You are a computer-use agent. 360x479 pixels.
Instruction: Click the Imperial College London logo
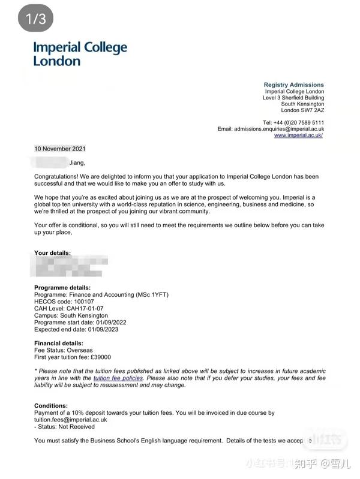point(80,53)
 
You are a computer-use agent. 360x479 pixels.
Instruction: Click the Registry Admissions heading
point(293,85)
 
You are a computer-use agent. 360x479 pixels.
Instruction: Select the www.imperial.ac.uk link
point(299,135)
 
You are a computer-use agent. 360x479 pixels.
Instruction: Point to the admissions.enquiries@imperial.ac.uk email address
point(279,128)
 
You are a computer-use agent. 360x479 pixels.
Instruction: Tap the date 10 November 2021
point(60,149)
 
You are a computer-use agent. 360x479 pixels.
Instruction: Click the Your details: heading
point(52,253)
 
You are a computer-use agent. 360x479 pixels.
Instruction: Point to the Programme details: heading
point(62,288)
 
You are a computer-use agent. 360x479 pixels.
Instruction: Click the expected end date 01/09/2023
point(102,329)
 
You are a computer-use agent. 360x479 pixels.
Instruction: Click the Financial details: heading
point(59,344)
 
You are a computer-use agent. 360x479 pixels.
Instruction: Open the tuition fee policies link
point(119,378)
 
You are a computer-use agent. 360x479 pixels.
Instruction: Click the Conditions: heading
point(51,406)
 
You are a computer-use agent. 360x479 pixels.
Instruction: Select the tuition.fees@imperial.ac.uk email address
point(71,420)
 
